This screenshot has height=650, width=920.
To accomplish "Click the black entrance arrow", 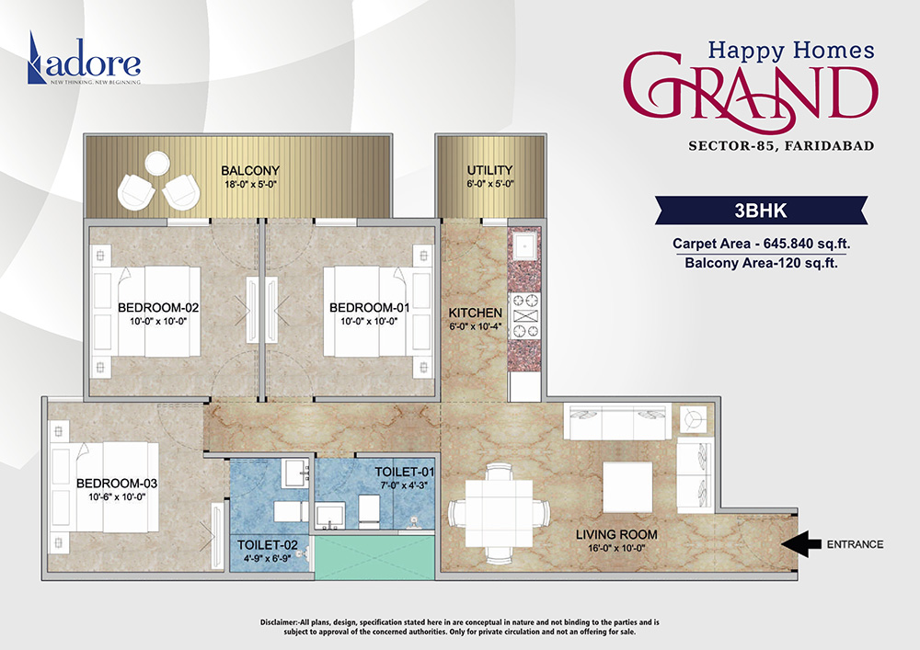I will tap(802, 544).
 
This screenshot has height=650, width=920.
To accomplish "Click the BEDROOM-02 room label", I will tap(158, 307).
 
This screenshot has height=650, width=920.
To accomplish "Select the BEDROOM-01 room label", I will tap(369, 307).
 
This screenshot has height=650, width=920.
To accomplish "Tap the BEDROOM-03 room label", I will tap(117, 484).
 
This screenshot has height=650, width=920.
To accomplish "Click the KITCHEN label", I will tap(475, 313).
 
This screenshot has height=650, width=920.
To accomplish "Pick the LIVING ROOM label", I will tap(615, 534).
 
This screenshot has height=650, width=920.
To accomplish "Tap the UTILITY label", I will tap(489, 170).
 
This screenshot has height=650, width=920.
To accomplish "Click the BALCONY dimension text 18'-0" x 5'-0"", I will tap(249, 185).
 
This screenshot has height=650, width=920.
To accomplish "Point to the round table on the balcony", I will tap(156, 164).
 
